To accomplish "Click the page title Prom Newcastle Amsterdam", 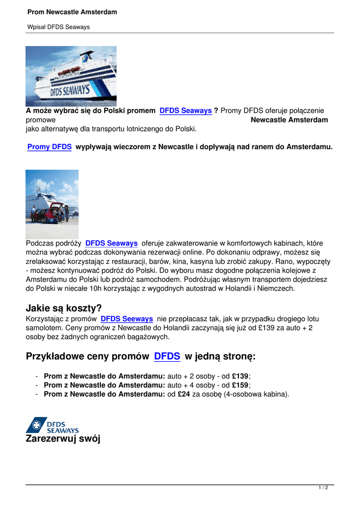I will point(72,12).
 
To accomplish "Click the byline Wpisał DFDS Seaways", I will point(59,27).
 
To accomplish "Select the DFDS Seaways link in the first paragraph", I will point(186,111).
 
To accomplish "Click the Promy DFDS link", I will point(49,147).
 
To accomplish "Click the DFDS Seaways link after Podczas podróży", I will point(111,244).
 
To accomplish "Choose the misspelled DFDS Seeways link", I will point(127,319).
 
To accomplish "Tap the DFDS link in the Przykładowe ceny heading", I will point(167,356).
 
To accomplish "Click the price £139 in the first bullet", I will point(240,376).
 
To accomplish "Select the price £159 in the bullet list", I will point(240,385).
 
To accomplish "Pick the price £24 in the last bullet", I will point(184,394).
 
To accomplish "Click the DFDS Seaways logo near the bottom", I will point(53,425).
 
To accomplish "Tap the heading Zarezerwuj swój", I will point(63,439).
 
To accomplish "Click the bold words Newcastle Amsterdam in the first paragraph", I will point(289,120).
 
